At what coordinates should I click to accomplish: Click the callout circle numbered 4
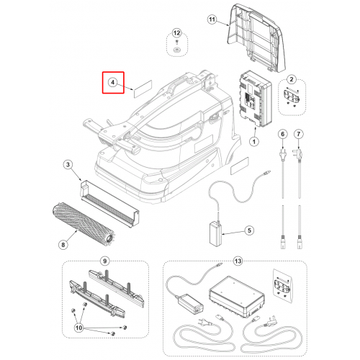coord(112,82)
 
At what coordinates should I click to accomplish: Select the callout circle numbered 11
coord(212,19)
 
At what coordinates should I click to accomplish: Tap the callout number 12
coord(176,33)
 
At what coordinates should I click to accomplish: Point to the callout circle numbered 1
coord(254,142)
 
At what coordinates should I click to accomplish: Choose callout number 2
coord(292,79)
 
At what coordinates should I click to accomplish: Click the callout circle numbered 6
coord(283,134)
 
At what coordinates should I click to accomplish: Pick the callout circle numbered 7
coord(299,134)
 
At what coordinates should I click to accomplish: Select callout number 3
coord(68,165)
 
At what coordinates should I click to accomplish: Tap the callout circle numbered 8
coord(63,245)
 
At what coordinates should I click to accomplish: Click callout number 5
coord(249,230)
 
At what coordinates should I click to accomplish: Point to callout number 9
coord(104,261)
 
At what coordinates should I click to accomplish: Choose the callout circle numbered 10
coord(79,328)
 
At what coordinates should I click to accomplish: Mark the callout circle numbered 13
coord(238,261)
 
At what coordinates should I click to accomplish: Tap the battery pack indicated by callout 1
coord(256,99)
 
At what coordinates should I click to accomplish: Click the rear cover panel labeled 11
coord(257,37)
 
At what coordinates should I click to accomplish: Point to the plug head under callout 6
coord(282,154)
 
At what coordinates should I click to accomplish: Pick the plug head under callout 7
coord(298,153)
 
